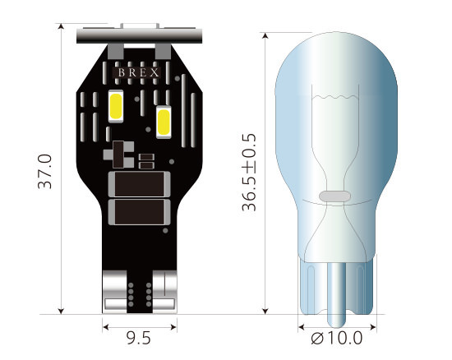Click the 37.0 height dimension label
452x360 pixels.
pyautogui.click(x=45, y=172)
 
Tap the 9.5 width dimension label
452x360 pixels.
pyautogui.click(x=139, y=338)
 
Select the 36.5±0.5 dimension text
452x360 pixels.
pyautogui.click(x=249, y=173)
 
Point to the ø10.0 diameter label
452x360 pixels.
pyautogui.click(x=337, y=338)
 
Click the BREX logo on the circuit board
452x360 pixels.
pyautogui.click(x=139, y=72)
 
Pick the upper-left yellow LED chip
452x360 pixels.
pyautogui.click(x=116, y=106)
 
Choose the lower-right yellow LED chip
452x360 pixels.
pyautogui.click(x=164, y=122)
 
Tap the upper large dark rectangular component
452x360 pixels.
pyautogui.click(x=140, y=184)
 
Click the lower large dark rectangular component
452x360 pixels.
pyautogui.click(x=140, y=212)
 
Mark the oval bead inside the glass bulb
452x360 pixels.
pyautogui.click(x=334, y=196)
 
